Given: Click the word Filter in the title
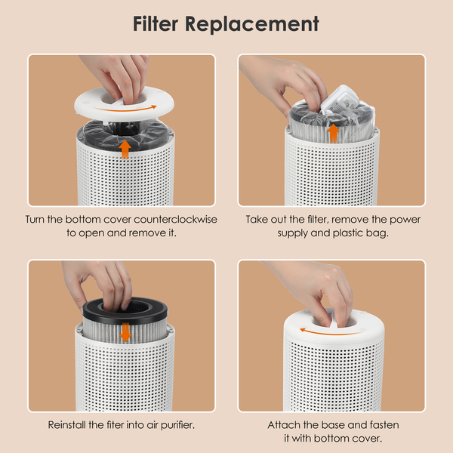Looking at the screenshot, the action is [x=156, y=23].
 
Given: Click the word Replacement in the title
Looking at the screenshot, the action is [x=252, y=25].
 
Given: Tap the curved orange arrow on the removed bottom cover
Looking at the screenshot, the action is [x=125, y=109].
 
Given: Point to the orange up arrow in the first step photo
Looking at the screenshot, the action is [x=125, y=149].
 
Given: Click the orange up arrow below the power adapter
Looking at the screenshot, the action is [x=333, y=133].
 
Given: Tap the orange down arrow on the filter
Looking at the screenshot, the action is [x=125, y=332].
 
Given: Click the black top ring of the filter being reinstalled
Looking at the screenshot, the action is [x=125, y=310].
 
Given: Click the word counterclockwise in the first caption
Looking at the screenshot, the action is [x=175, y=220].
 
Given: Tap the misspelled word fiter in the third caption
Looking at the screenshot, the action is [x=116, y=425].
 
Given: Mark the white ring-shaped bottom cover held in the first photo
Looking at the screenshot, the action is [x=125, y=104].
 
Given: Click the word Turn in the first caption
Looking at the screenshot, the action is [x=35, y=220].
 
